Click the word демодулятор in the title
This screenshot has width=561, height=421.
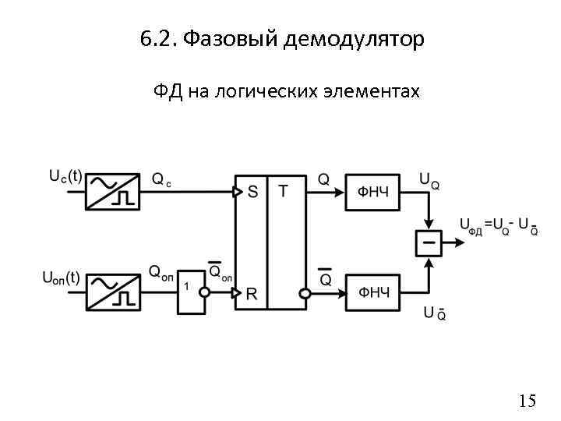[x=355, y=39]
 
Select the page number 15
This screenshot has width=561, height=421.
[x=527, y=401]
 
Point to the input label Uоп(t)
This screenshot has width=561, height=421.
[x=60, y=276]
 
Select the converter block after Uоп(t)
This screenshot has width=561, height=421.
[x=111, y=291]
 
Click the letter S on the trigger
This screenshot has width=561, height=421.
[x=252, y=193]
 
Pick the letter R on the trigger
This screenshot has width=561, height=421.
[x=252, y=294]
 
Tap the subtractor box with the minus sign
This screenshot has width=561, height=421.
[x=427, y=242]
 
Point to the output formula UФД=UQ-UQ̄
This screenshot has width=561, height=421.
[x=498, y=226]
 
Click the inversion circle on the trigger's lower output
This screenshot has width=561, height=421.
[x=306, y=293]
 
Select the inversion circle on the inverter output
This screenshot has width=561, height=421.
[x=205, y=293]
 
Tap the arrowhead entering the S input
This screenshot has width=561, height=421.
[x=238, y=192]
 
